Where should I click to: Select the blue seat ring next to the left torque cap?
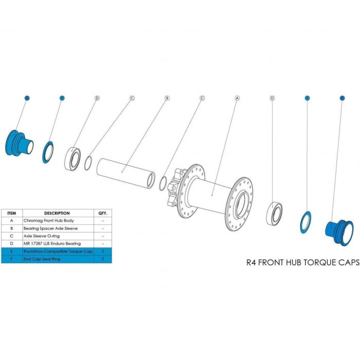coord(48,152)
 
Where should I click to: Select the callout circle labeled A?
coord(237,97)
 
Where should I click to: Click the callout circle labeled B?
coord(167,97)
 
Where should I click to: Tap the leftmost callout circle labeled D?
coord(96,97)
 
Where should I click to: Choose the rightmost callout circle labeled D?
coord(272,97)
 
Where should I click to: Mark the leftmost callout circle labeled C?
coord(132,97)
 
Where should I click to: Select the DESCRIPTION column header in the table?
coord(57,212)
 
